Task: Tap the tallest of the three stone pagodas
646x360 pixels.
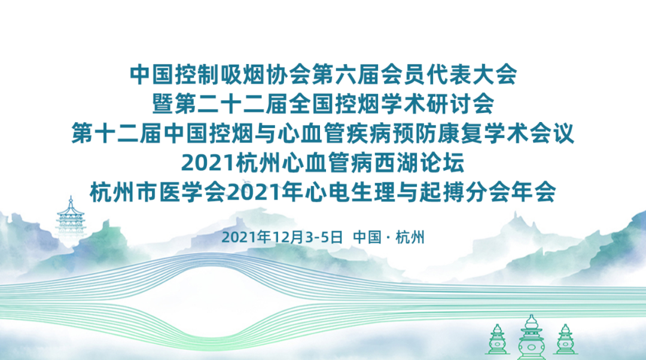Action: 531,337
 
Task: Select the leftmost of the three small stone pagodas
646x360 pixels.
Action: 496,340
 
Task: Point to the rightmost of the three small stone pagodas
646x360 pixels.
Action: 564,340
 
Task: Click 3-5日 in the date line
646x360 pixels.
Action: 324,237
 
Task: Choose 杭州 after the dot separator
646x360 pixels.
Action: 410,237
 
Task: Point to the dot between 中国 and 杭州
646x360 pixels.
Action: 388,237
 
